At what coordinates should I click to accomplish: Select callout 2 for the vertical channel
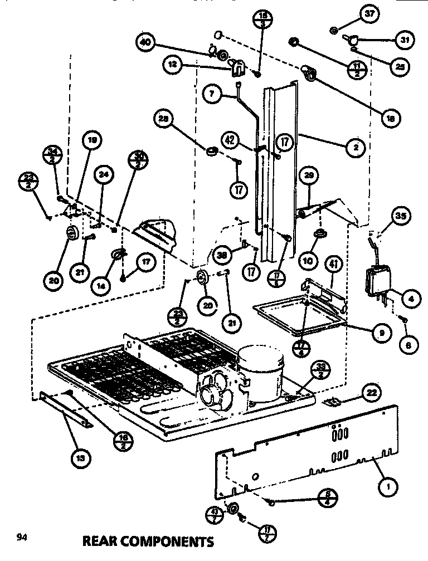354,147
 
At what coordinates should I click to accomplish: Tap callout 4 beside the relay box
410,299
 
